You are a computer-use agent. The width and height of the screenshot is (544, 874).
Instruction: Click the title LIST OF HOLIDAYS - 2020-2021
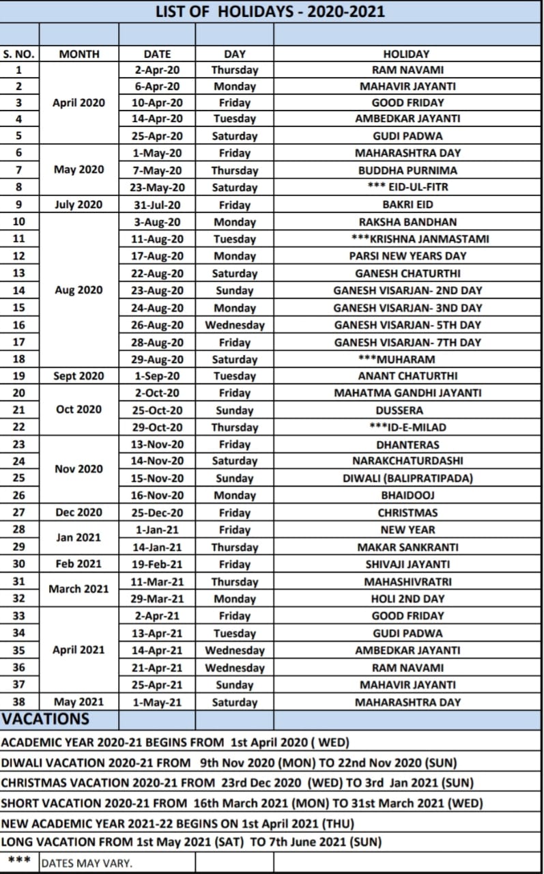(270, 12)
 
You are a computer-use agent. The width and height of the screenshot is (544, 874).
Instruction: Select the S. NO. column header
(19, 54)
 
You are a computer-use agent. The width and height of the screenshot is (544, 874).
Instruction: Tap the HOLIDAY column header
(407, 54)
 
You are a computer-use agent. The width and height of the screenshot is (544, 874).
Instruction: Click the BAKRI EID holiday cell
(407, 205)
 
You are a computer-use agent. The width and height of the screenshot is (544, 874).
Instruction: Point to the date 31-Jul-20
(157, 205)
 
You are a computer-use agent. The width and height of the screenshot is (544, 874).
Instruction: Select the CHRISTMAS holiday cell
(407, 513)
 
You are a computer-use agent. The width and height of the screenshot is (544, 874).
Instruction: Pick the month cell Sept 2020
(79, 376)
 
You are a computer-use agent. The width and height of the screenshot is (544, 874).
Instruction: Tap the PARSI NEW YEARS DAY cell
(407, 256)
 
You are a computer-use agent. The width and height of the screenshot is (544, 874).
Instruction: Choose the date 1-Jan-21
(157, 530)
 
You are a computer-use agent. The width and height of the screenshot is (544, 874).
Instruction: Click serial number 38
(19, 702)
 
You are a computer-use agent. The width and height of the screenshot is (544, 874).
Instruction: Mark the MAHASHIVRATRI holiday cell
(407, 582)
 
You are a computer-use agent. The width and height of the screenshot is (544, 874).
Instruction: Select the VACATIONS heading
(46, 719)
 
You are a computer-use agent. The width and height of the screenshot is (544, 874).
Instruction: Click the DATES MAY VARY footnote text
(87, 863)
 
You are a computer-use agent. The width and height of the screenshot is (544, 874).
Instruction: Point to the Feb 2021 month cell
(79, 564)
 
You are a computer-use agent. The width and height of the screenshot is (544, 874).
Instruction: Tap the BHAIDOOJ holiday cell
(407, 496)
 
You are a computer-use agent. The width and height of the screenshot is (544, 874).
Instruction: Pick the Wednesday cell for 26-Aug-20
(235, 325)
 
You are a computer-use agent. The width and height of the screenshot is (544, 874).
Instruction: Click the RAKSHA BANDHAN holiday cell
(407, 222)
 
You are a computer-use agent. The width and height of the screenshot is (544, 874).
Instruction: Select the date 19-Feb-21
(157, 564)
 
